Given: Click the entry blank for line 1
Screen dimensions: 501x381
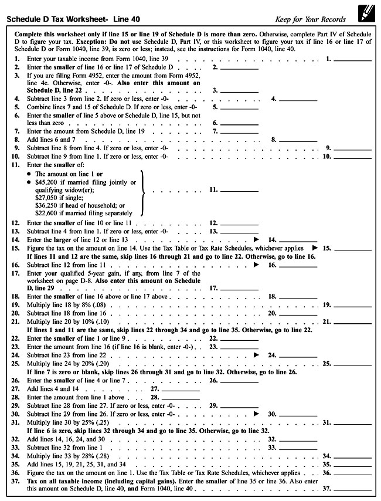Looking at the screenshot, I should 353,59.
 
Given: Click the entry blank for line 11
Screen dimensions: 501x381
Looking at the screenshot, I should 239,190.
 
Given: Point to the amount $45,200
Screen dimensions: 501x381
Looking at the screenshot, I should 48,182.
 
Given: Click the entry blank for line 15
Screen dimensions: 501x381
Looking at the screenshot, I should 353,248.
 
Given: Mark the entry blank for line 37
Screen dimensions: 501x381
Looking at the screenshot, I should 353,488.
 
